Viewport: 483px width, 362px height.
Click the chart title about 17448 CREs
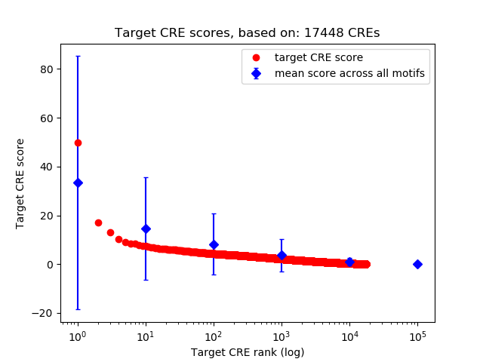(x=248, y=33)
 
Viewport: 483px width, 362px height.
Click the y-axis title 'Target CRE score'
(x=20, y=183)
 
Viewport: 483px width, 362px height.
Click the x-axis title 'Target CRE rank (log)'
(x=248, y=351)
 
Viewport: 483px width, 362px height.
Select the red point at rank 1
(x=78, y=143)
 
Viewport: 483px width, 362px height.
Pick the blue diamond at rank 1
(x=78, y=183)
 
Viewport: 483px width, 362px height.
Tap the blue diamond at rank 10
(x=146, y=229)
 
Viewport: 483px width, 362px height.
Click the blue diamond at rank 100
(x=214, y=244)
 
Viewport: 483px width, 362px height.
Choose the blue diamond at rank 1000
(x=281, y=255)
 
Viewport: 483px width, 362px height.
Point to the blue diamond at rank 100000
(x=417, y=264)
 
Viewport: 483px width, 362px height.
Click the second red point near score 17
(x=98, y=222)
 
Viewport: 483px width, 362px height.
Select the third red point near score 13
(x=110, y=232)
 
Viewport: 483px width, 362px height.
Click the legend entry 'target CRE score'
(x=309, y=57)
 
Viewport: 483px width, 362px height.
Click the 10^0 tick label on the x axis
(x=77, y=334)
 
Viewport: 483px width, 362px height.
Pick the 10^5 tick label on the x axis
(x=417, y=334)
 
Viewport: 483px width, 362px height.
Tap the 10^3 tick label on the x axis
(x=281, y=334)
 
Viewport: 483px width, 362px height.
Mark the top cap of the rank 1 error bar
(x=78, y=56)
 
